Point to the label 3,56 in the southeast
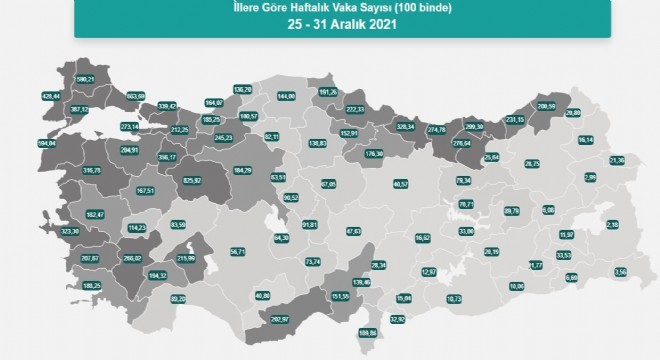pyautogui.click(x=619, y=271)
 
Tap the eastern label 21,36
pyautogui.click(x=616, y=160)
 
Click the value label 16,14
pyautogui.click(x=587, y=140)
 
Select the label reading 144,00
pyautogui.click(x=287, y=96)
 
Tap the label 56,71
pyautogui.click(x=236, y=252)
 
